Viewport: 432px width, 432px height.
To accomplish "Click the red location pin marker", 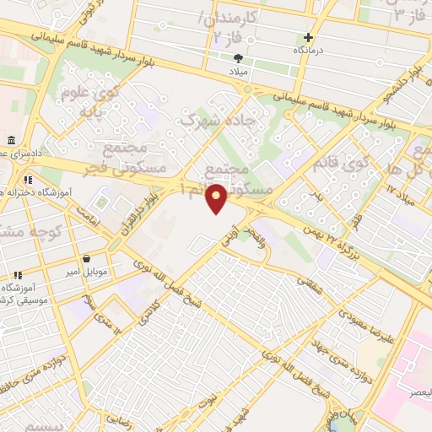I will tap(217, 198).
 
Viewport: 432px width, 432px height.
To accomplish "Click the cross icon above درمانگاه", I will tap(309, 37).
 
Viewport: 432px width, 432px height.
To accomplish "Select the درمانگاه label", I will tap(309, 51).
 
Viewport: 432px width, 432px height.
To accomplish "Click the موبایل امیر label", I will tap(87, 273).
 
